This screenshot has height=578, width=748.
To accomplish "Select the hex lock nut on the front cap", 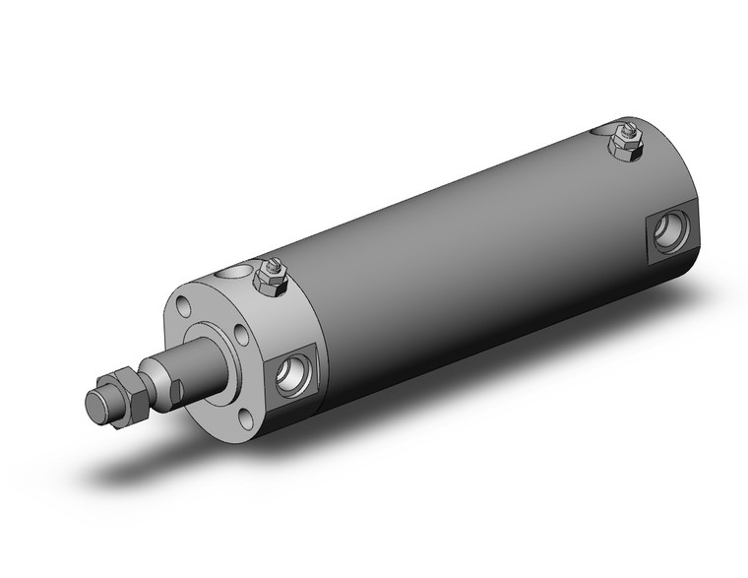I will pyautogui.click(x=270, y=280).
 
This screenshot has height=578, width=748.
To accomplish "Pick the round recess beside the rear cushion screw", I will pyautogui.click(x=599, y=130).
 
